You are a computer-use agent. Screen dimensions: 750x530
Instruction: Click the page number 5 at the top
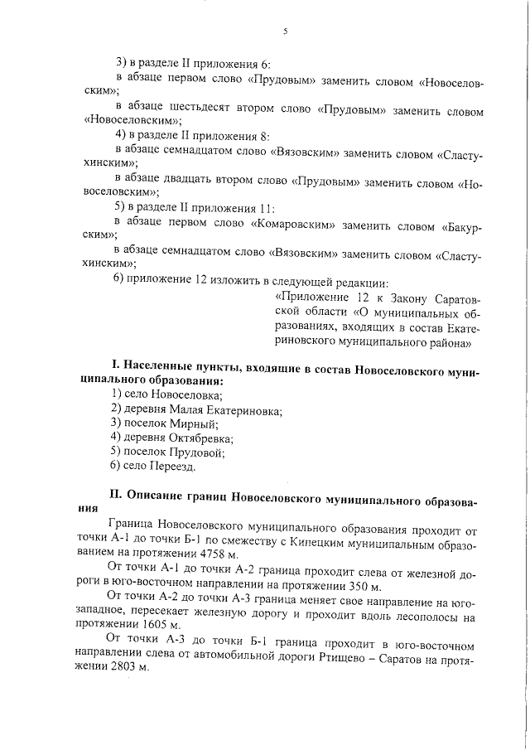pos(284,31)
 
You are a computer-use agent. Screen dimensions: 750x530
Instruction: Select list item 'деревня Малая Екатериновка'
pos(196,410)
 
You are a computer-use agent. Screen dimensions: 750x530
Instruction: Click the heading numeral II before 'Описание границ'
pos(116,496)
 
